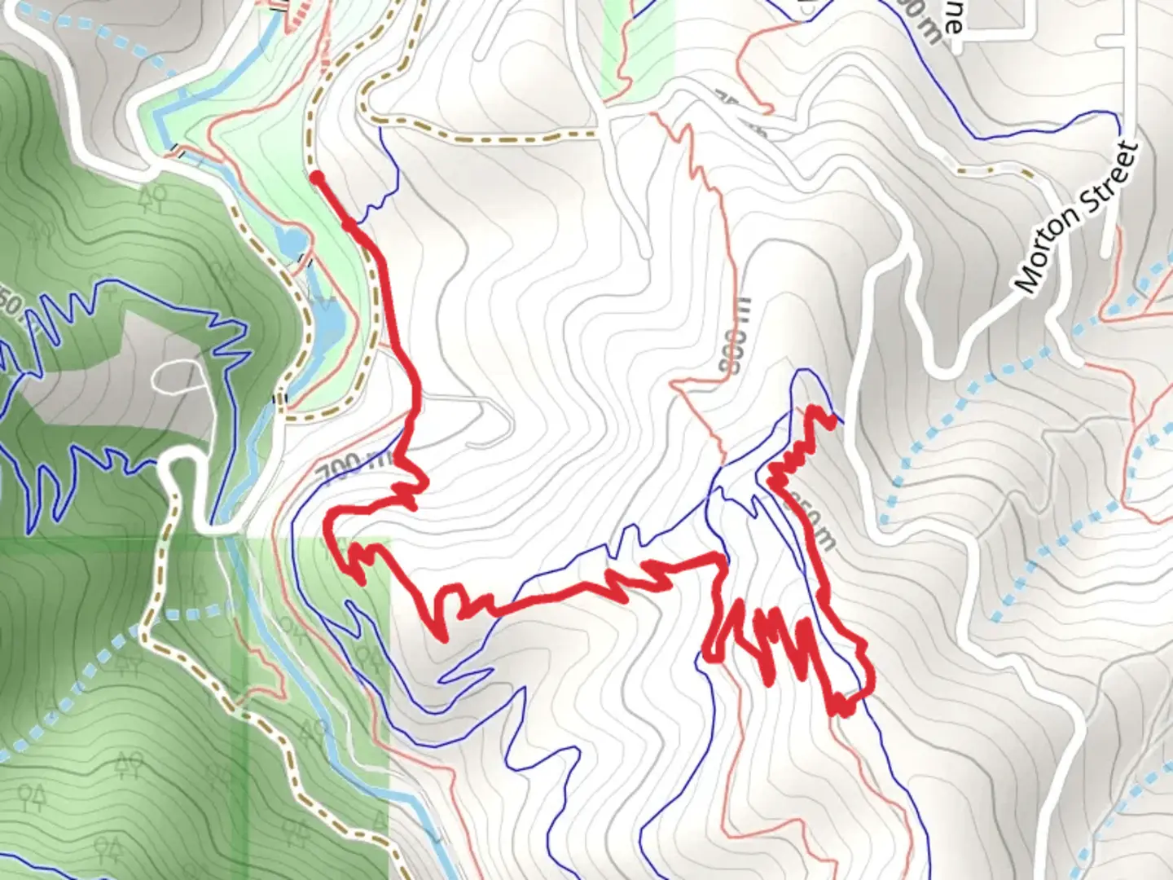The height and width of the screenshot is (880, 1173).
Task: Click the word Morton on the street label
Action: (x=1052, y=251)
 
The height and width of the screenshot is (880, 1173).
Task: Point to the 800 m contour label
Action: (x=736, y=336)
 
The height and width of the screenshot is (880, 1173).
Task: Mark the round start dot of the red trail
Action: (x=317, y=177)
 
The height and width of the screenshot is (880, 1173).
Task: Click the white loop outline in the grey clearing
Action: (x=178, y=376)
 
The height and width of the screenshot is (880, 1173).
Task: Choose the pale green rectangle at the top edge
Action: (x=639, y=45)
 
